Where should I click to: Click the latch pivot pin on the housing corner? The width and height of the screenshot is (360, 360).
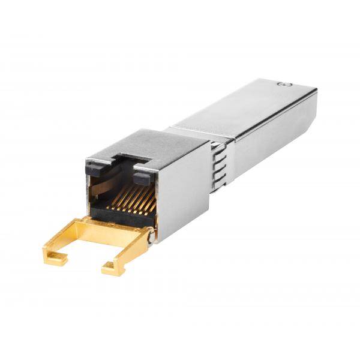point(149,238)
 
